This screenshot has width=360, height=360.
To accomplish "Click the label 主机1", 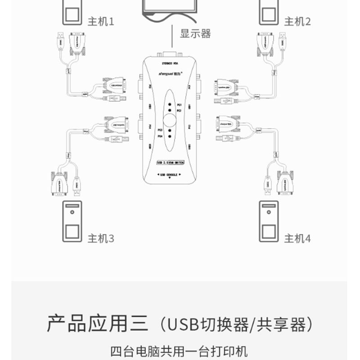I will [101, 21].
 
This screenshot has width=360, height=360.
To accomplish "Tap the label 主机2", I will [297, 21].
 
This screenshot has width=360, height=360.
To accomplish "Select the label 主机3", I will [101, 238].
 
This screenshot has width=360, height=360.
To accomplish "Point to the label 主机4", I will [297, 238].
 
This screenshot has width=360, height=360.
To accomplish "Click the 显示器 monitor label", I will [196, 33].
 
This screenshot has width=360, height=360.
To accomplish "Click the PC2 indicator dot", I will [170, 110].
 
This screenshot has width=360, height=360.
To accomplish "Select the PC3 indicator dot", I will [170, 130].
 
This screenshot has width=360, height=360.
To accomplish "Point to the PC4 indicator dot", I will [170, 136].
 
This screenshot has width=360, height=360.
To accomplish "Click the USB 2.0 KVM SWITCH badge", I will [170, 162].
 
